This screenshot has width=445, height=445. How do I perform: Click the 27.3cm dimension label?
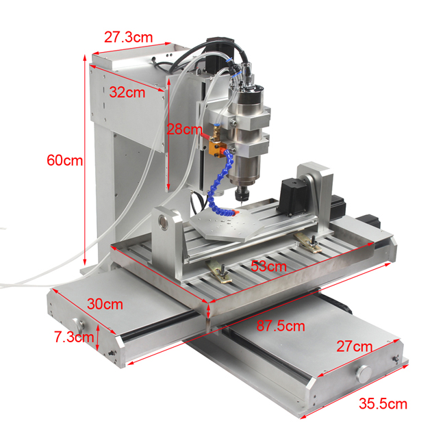128,37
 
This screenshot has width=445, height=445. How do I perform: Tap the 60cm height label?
64,161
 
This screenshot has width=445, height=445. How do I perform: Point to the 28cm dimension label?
186,129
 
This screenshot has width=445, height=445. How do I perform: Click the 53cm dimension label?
268,266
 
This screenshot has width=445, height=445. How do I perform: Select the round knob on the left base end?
76,323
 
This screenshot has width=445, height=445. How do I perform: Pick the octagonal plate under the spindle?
230,225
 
